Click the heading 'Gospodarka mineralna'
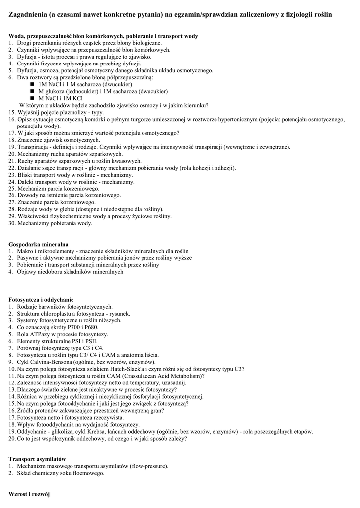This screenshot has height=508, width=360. click(x=39, y=245)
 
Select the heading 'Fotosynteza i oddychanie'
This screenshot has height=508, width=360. click(x=41, y=300)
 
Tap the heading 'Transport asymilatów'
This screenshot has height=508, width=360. click(x=37, y=459)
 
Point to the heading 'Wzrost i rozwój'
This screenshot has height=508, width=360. click(x=29, y=495)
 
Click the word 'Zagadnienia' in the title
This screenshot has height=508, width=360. click(x=30, y=15)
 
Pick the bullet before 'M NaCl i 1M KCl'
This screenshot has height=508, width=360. click(x=33, y=98)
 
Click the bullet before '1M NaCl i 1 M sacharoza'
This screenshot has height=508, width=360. click(x=33, y=84)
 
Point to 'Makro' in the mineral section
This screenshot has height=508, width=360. click(x=25, y=252)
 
